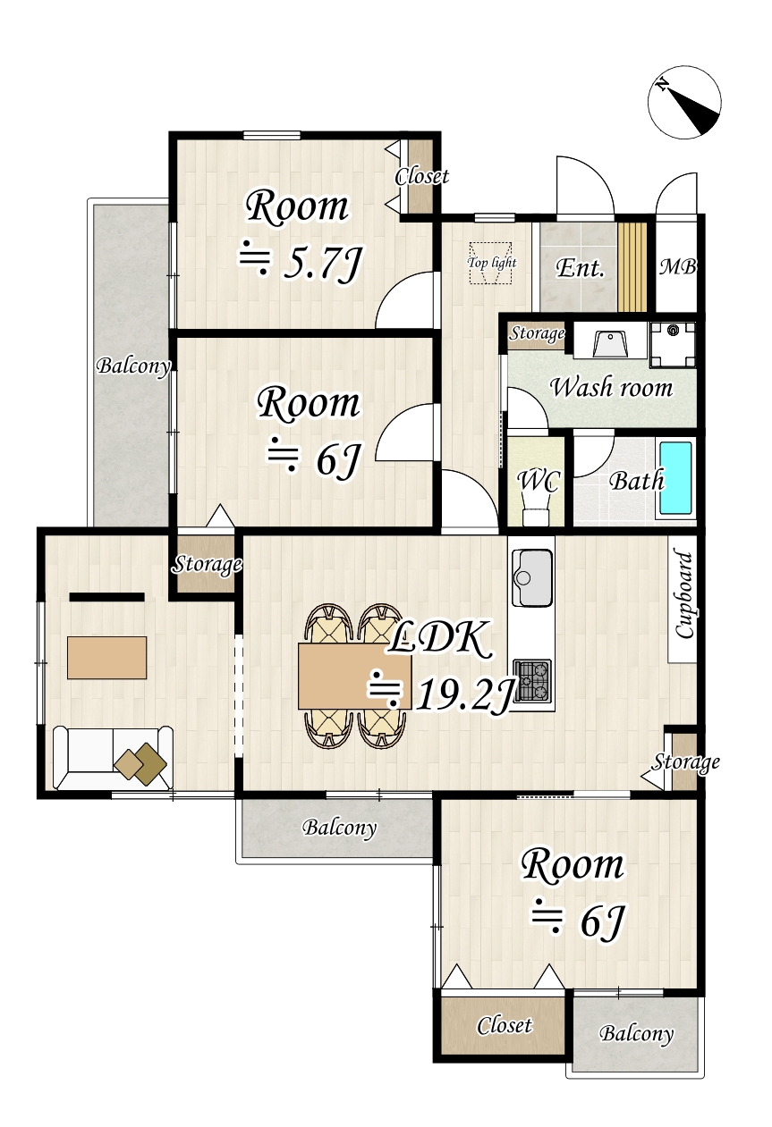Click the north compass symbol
coord(684,102)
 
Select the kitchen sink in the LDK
coord(531,577)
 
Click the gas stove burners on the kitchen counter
coord(533,680)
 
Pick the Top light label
coord(491,263)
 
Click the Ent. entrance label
coord(580,267)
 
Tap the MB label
coord(678,267)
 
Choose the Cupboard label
coord(683,595)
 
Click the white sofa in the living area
coord(113,758)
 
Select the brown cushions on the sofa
coord(140,764)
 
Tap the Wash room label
coord(611,388)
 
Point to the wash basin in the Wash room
coord(610,343)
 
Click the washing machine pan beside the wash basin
coord(673,345)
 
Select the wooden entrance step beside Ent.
coord(632,267)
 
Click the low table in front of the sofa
coord(106,658)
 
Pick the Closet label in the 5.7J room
coord(421,177)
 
